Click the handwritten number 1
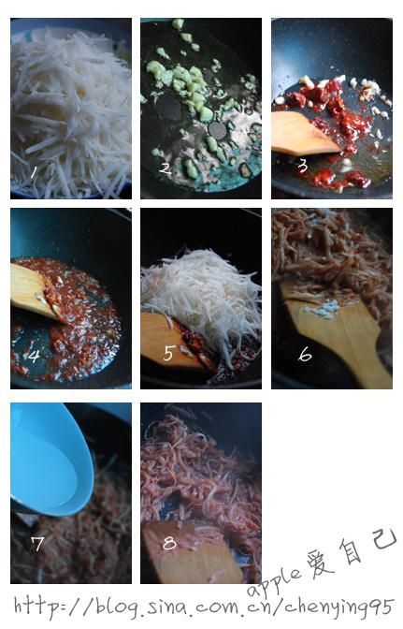pyautogui.click(x=34, y=172)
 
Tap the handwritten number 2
pyautogui.click(x=165, y=168)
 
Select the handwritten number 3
pyautogui.click(x=303, y=166)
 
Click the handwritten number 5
pyautogui.click(x=168, y=354)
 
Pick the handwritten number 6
pyautogui.click(x=305, y=354)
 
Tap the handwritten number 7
pyautogui.click(x=37, y=544)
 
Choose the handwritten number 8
pyautogui.click(x=169, y=543)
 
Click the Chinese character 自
pyautogui.click(x=350, y=550)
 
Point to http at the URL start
pyautogui.click(x=36, y=607)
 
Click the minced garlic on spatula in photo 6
pyautogui.click(x=323, y=308)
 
